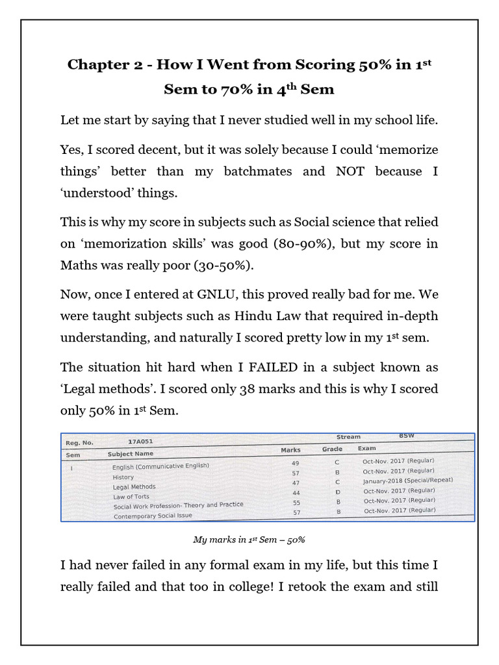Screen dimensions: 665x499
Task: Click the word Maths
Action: (x=79, y=266)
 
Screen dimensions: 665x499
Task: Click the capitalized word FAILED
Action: (x=271, y=367)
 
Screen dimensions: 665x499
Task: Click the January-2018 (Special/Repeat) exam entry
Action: (x=407, y=481)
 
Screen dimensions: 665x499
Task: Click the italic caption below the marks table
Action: (x=249, y=540)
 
